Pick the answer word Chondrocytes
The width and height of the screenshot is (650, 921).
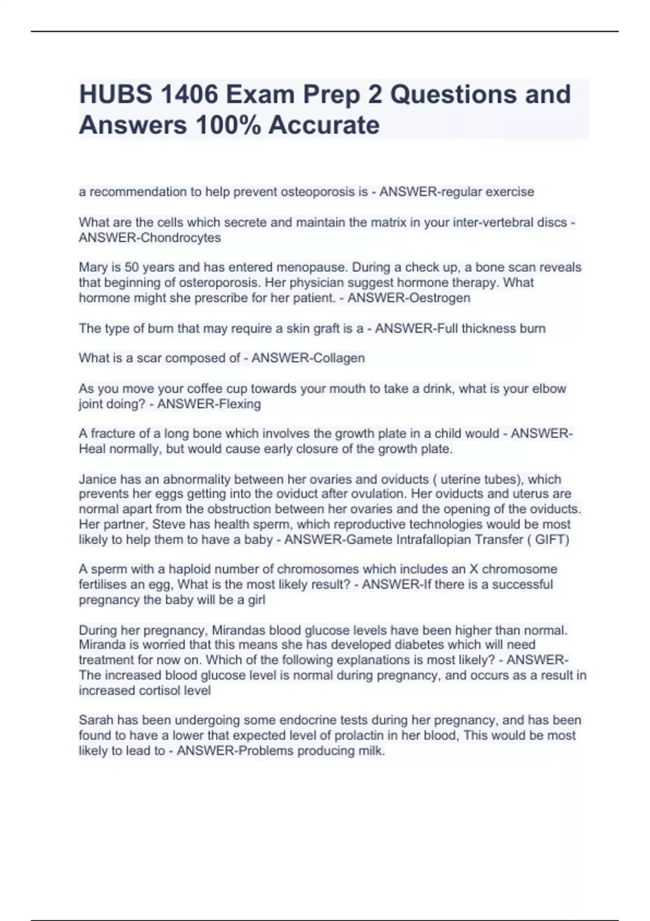tap(181, 237)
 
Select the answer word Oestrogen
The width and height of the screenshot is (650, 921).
tap(440, 297)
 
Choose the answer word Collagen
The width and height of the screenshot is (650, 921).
tap(336, 358)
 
